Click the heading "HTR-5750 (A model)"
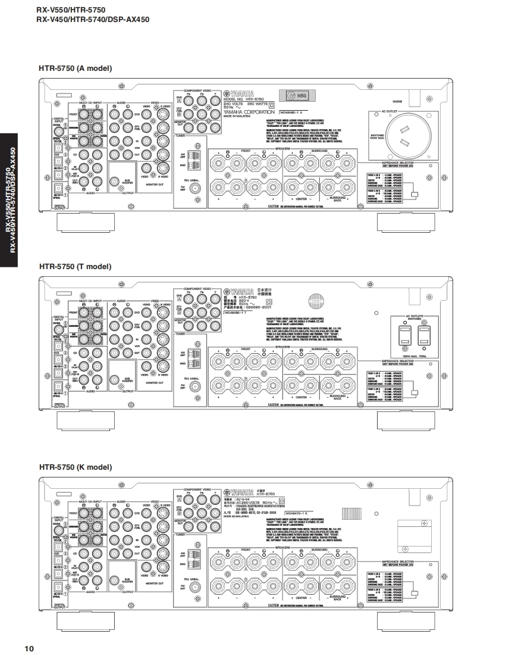click(75, 68)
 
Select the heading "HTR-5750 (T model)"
click(75, 267)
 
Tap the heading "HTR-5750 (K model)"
click(75, 467)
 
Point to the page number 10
click(29, 648)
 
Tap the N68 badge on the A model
click(299, 96)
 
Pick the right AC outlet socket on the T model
click(423, 335)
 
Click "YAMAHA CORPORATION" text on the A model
click(249, 112)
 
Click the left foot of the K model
click(84, 621)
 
